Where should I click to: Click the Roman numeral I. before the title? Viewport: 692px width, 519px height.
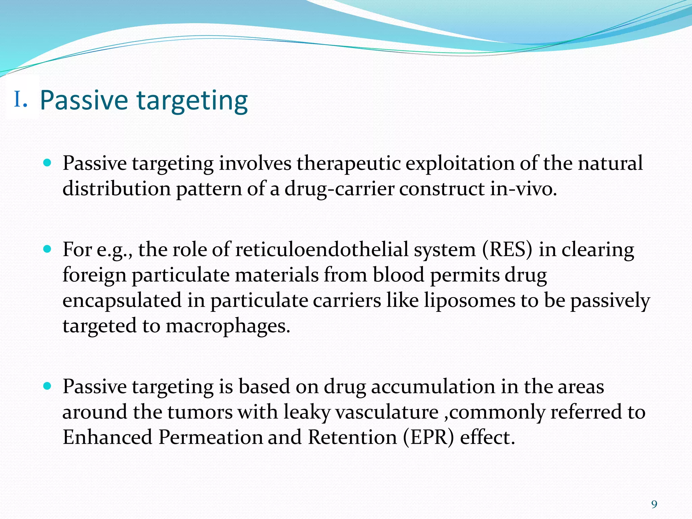click(x=20, y=100)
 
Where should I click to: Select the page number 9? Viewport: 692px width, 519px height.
click(x=654, y=504)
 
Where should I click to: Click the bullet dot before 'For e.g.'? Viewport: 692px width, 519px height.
click(x=47, y=250)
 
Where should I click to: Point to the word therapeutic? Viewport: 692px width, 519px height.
click(x=348, y=164)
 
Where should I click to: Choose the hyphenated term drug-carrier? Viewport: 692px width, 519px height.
click(x=339, y=189)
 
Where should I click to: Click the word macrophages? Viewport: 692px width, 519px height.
click(x=228, y=326)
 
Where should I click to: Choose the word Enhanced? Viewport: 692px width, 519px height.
click(x=107, y=437)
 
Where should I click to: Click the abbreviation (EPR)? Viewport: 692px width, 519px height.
click(x=428, y=437)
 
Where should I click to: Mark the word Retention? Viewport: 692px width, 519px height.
click(x=352, y=437)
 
